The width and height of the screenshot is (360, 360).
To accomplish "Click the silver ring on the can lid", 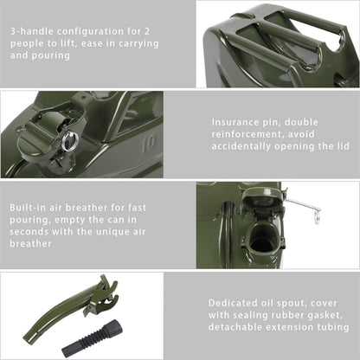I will tap(70, 140).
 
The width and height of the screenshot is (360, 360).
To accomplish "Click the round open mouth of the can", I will tap(263, 242).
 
